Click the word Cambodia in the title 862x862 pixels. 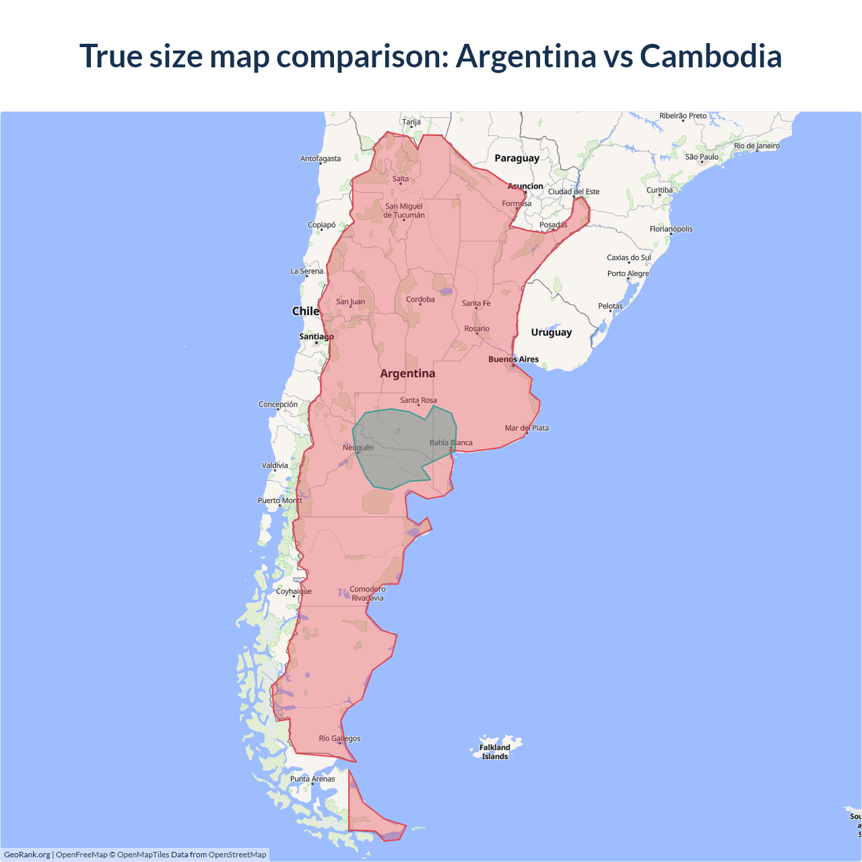[x=710, y=56]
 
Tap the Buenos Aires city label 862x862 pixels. [x=513, y=359]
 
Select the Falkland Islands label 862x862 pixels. [x=495, y=752]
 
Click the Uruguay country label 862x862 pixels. [x=551, y=332]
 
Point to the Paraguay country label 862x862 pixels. [x=517, y=158]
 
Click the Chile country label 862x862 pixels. [x=305, y=311]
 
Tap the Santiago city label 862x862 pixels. [x=316, y=336]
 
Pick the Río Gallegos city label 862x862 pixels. [x=339, y=738]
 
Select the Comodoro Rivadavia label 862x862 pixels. [x=367, y=593]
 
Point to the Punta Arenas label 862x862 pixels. [x=312, y=778]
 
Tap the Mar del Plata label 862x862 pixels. [x=527, y=428]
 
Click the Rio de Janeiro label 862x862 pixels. [x=756, y=145]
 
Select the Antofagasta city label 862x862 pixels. [x=321, y=159]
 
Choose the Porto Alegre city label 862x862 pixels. [x=628, y=273]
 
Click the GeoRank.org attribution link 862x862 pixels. [x=27, y=855]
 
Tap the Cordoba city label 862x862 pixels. [x=420, y=300]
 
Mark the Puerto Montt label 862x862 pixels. [x=280, y=500]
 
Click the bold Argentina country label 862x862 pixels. [x=407, y=374]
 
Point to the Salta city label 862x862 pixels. [x=401, y=179]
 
